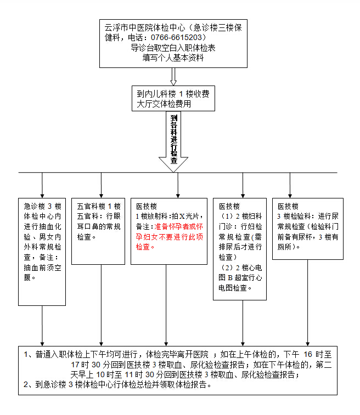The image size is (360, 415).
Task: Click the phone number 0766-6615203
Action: (x=176, y=37)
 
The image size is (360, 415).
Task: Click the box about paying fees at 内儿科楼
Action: (x=173, y=99)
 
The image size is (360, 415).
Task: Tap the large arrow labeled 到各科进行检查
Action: (x=173, y=141)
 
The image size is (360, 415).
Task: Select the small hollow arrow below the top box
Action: (x=173, y=77)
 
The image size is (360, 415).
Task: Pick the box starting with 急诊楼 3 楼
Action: (x=42, y=252)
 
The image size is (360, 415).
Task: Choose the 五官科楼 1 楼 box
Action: (x=98, y=231)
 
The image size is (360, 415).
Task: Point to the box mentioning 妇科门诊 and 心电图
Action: (x=240, y=249)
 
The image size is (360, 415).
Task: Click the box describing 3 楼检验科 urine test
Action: (x=308, y=229)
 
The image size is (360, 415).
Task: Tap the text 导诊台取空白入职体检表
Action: (x=173, y=48)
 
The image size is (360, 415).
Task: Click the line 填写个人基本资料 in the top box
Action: (x=173, y=58)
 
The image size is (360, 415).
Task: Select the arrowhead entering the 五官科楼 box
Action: (x=101, y=196)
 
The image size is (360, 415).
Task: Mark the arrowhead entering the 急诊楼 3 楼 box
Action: (x=42, y=196)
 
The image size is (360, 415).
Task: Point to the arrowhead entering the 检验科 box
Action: (x=290, y=196)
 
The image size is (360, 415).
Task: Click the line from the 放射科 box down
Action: (x=166, y=305)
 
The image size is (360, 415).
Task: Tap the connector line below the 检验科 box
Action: (x=307, y=303)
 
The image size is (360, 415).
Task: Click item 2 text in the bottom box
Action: (x=117, y=384)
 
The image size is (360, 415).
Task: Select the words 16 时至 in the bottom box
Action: (x=317, y=354)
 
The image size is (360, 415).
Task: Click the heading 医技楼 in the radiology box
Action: (x=147, y=206)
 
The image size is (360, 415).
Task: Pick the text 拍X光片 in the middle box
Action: (x=185, y=216)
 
